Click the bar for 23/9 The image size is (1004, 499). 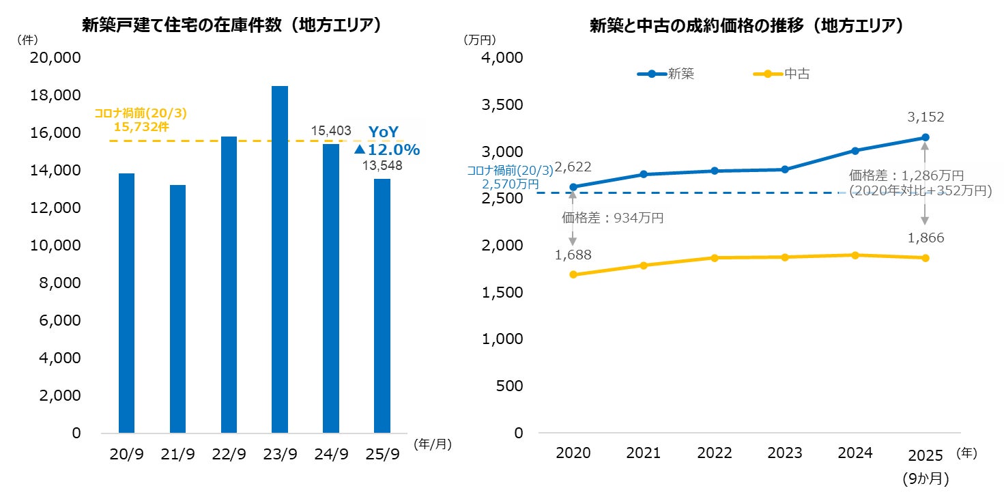point(280,259)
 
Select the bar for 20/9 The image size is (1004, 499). point(126,303)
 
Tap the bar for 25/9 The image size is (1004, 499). point(382,306)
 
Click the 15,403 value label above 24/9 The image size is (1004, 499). point(331,130)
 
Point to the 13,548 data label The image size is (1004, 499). point(382,165)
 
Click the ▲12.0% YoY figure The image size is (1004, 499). point(386,149)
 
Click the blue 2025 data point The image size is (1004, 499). point(926,138)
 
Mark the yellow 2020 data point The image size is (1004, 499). point(573,274)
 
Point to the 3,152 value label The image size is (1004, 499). point(926,117)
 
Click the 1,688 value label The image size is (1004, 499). point(573,255)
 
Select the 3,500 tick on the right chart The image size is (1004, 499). point(502,105)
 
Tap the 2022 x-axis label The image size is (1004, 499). point(714,453)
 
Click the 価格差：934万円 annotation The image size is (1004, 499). point(612,218)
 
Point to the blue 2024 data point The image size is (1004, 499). point(855,150)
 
